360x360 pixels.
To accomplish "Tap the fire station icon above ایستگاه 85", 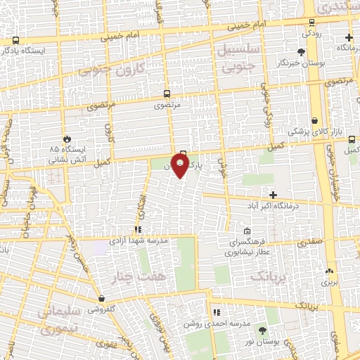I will [67, 139].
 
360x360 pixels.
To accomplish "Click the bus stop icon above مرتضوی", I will [167, 94].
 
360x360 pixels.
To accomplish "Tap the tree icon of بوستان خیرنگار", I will [302, 52].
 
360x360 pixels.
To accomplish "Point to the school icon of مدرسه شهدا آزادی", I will [139, 229].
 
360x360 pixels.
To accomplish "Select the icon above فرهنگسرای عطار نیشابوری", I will [247, 231].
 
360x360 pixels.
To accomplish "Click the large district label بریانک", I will [269, 277].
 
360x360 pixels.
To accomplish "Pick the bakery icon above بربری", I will [329, 271].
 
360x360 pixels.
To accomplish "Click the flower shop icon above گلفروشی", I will [102, 299].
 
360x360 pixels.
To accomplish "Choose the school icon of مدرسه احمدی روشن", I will [217, 312].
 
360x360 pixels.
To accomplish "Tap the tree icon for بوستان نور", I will [262, 330].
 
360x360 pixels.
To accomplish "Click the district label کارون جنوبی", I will [120, 70].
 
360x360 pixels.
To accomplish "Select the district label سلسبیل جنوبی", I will [240, 60].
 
